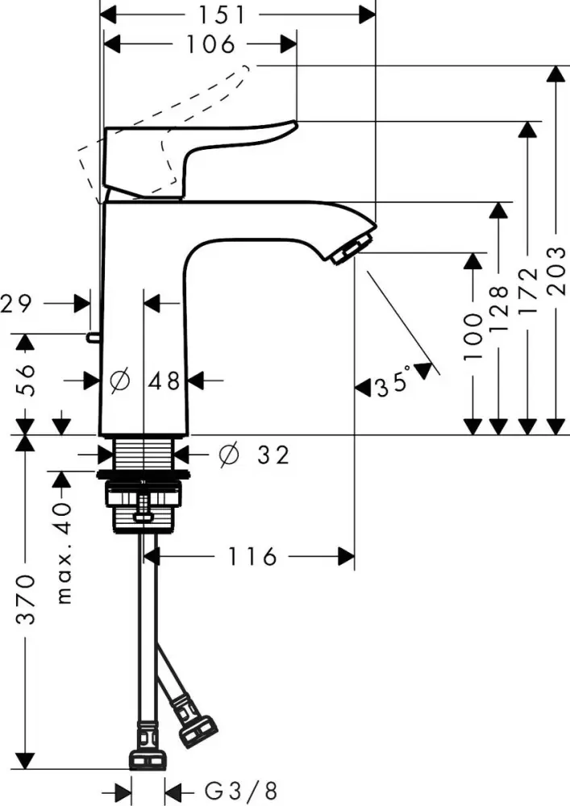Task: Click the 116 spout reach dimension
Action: pos(252,556)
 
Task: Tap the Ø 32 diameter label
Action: pos(253,455)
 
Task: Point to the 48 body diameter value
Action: pos(166,380)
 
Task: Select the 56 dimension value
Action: pos(26,379)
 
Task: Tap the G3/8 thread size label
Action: pos(232,787)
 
